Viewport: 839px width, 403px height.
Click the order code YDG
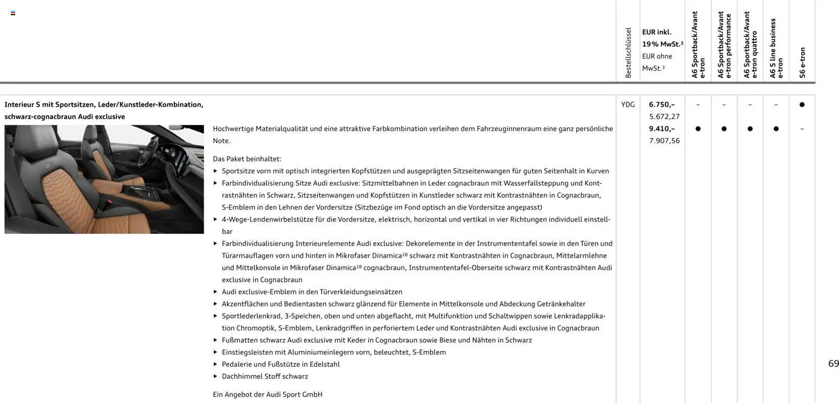pyautogui.click(x=627, y=105)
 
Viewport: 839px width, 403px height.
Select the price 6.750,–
pyautogui.click(x=661, y=105)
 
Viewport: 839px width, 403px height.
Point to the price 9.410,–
pyautogui.click(x=661, y=129)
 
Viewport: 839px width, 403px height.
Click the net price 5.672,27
pyautogui.click(x=664, y=116)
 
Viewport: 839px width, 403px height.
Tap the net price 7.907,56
pyautogui.click(x=664, y=141)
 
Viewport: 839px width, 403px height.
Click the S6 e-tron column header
pyautogui.click(x=802, y=62)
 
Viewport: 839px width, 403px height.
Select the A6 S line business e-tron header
pyautogui.click(x=776, y=49)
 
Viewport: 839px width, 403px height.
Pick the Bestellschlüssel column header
pyautogui.click(x=628, y=53)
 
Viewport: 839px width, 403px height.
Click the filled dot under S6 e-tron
pyautogui.click(x=802, y=105)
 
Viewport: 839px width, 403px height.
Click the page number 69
pyautogui.click(x=833, y=363)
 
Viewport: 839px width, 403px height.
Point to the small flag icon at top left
pyautogui.click(x=13, y=13)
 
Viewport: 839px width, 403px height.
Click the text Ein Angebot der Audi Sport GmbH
pyautogui.click(x=267, y=394)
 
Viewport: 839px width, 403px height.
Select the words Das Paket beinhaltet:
pyautogui.click(x=247, y=159)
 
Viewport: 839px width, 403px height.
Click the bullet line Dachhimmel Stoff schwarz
pyautogui.click(x=265, y=376)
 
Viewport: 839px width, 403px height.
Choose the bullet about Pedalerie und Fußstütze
pyautogui.click(x=280, y=365)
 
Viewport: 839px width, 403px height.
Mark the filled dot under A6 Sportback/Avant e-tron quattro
pyautogui.click(x=750, y=129)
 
